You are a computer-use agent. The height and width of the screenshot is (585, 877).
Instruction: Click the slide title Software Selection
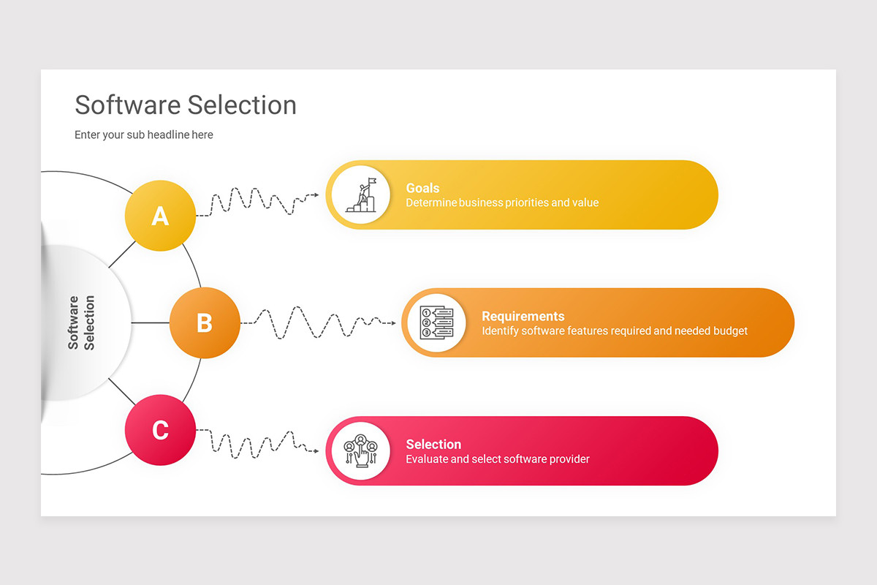point(186,105)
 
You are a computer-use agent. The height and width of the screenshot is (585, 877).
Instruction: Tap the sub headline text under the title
point(144,135)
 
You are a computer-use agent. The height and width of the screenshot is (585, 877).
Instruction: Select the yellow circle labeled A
point(160,216)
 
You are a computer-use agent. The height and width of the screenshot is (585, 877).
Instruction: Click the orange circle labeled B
point(205,322)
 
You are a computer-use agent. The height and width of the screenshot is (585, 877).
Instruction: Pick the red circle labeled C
point(160,430)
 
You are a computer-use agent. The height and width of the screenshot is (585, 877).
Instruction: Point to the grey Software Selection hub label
point(82,322)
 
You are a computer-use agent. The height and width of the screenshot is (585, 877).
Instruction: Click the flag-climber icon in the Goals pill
point(360,195)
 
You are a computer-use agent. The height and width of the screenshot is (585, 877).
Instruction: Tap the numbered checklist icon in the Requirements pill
point(436,322)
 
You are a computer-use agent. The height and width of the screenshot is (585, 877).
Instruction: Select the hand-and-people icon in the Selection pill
point(360,450)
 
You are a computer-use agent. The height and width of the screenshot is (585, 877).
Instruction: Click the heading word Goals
point(422,188)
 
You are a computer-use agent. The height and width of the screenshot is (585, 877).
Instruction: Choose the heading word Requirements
point(523,316)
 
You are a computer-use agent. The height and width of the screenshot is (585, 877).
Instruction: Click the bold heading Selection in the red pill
point(433,444)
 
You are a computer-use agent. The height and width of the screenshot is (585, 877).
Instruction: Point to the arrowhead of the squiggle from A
point(316,195)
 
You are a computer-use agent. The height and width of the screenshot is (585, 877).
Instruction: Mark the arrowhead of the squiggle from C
point(316,450)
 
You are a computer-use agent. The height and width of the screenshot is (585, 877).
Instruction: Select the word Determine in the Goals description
point(430,203)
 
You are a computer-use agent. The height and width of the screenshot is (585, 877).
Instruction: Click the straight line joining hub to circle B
point(151,322)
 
